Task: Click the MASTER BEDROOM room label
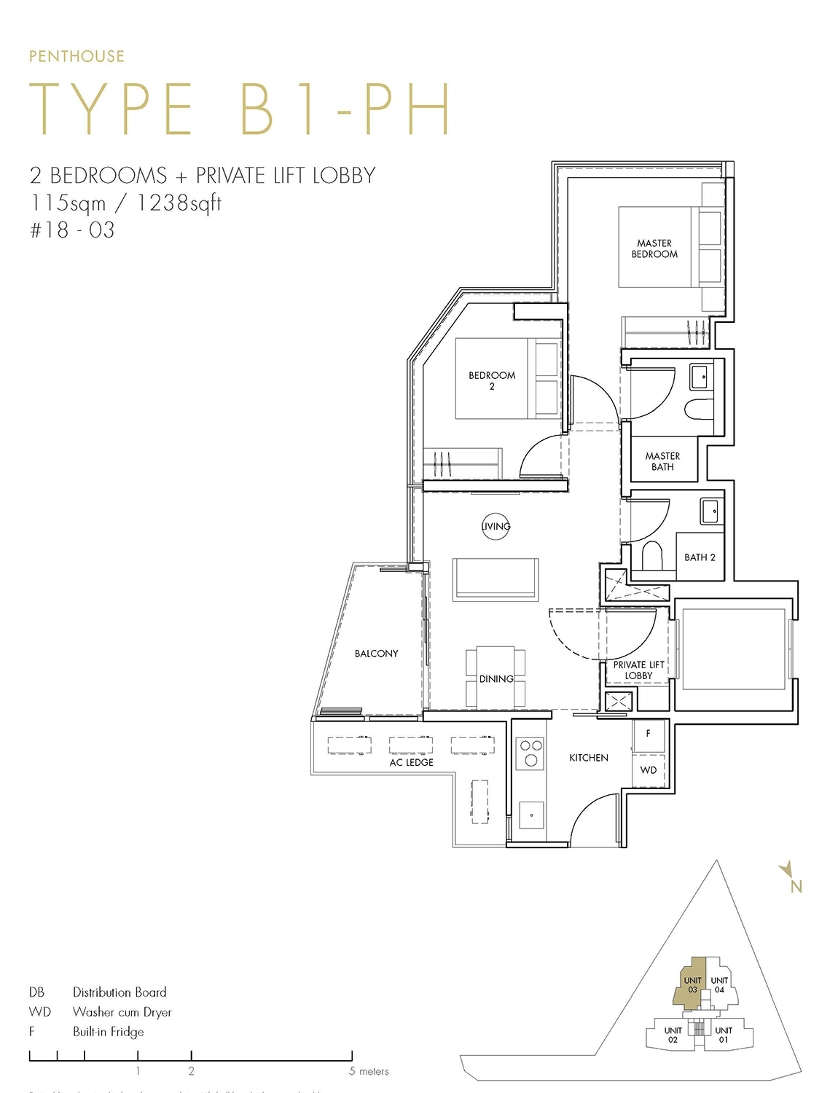click(x=654, y=248)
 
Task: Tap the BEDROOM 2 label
click(x=492, y=380)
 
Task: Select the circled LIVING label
click(x=496, y=526)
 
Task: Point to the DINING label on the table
click(x=496, y=678)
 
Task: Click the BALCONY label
click(x=376, y=654)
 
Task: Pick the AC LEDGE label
click(x=411, y=762)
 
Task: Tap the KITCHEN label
click(x=588, y=758)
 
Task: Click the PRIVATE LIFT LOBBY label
click(x=638, y=670)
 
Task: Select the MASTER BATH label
click(x=662, y=461)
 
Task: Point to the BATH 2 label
click(x=700, y=557)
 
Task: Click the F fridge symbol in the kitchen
click(x=648, y=734)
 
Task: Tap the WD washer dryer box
click(x=649, y=770)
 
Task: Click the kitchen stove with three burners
click(x=531, y=753)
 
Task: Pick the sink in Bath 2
click(x=712, y=511)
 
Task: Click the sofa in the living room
click(x=496, y=579)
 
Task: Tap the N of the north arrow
click(x=796, y=887)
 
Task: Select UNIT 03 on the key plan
click(x=692, y=984)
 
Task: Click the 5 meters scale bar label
click(x=369, y=1071)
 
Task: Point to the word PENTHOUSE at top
click(x=77, y=56)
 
